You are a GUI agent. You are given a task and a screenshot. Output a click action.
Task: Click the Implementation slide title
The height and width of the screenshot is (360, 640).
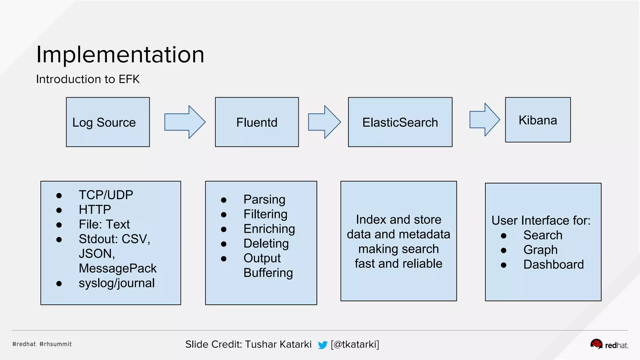(120, 55)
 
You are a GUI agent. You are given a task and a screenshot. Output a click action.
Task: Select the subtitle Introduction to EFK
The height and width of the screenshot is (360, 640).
(88, 79)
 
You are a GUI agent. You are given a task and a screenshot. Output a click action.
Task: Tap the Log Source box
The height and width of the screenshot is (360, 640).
(108, 122)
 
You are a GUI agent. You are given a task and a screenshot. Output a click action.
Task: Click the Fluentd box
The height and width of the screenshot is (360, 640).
(257, 122)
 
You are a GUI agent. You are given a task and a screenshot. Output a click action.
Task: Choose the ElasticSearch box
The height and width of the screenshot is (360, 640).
(400, 122)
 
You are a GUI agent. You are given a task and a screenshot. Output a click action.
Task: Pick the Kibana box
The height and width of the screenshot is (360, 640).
(538, 120)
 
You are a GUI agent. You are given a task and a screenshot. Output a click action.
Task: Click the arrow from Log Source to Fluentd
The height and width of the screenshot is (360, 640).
(185, 122)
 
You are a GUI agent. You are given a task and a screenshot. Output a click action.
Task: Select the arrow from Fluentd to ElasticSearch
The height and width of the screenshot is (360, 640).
(324, 122)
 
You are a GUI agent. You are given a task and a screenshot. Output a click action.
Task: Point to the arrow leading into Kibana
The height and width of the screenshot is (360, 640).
(484, 120)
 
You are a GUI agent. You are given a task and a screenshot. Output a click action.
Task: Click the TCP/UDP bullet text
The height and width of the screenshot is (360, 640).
(106, 195)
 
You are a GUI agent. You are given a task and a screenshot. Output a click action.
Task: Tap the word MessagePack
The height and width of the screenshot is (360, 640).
(117, 268)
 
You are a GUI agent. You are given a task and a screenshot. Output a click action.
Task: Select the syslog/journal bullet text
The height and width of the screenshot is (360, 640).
(117, 283)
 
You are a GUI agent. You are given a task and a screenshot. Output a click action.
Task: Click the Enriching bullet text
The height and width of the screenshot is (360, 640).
(269, 229)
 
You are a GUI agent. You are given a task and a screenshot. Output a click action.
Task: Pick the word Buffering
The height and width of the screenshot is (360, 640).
(268, 273)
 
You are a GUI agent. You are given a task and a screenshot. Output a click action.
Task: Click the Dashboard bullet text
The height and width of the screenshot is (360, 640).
(553, 264)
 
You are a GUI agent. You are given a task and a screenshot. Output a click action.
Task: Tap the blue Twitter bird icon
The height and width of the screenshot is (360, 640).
(322, 345)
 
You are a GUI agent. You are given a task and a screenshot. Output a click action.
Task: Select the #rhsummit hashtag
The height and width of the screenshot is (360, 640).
(56, 344)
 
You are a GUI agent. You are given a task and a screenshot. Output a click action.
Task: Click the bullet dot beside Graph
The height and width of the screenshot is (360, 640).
(503, 250)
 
